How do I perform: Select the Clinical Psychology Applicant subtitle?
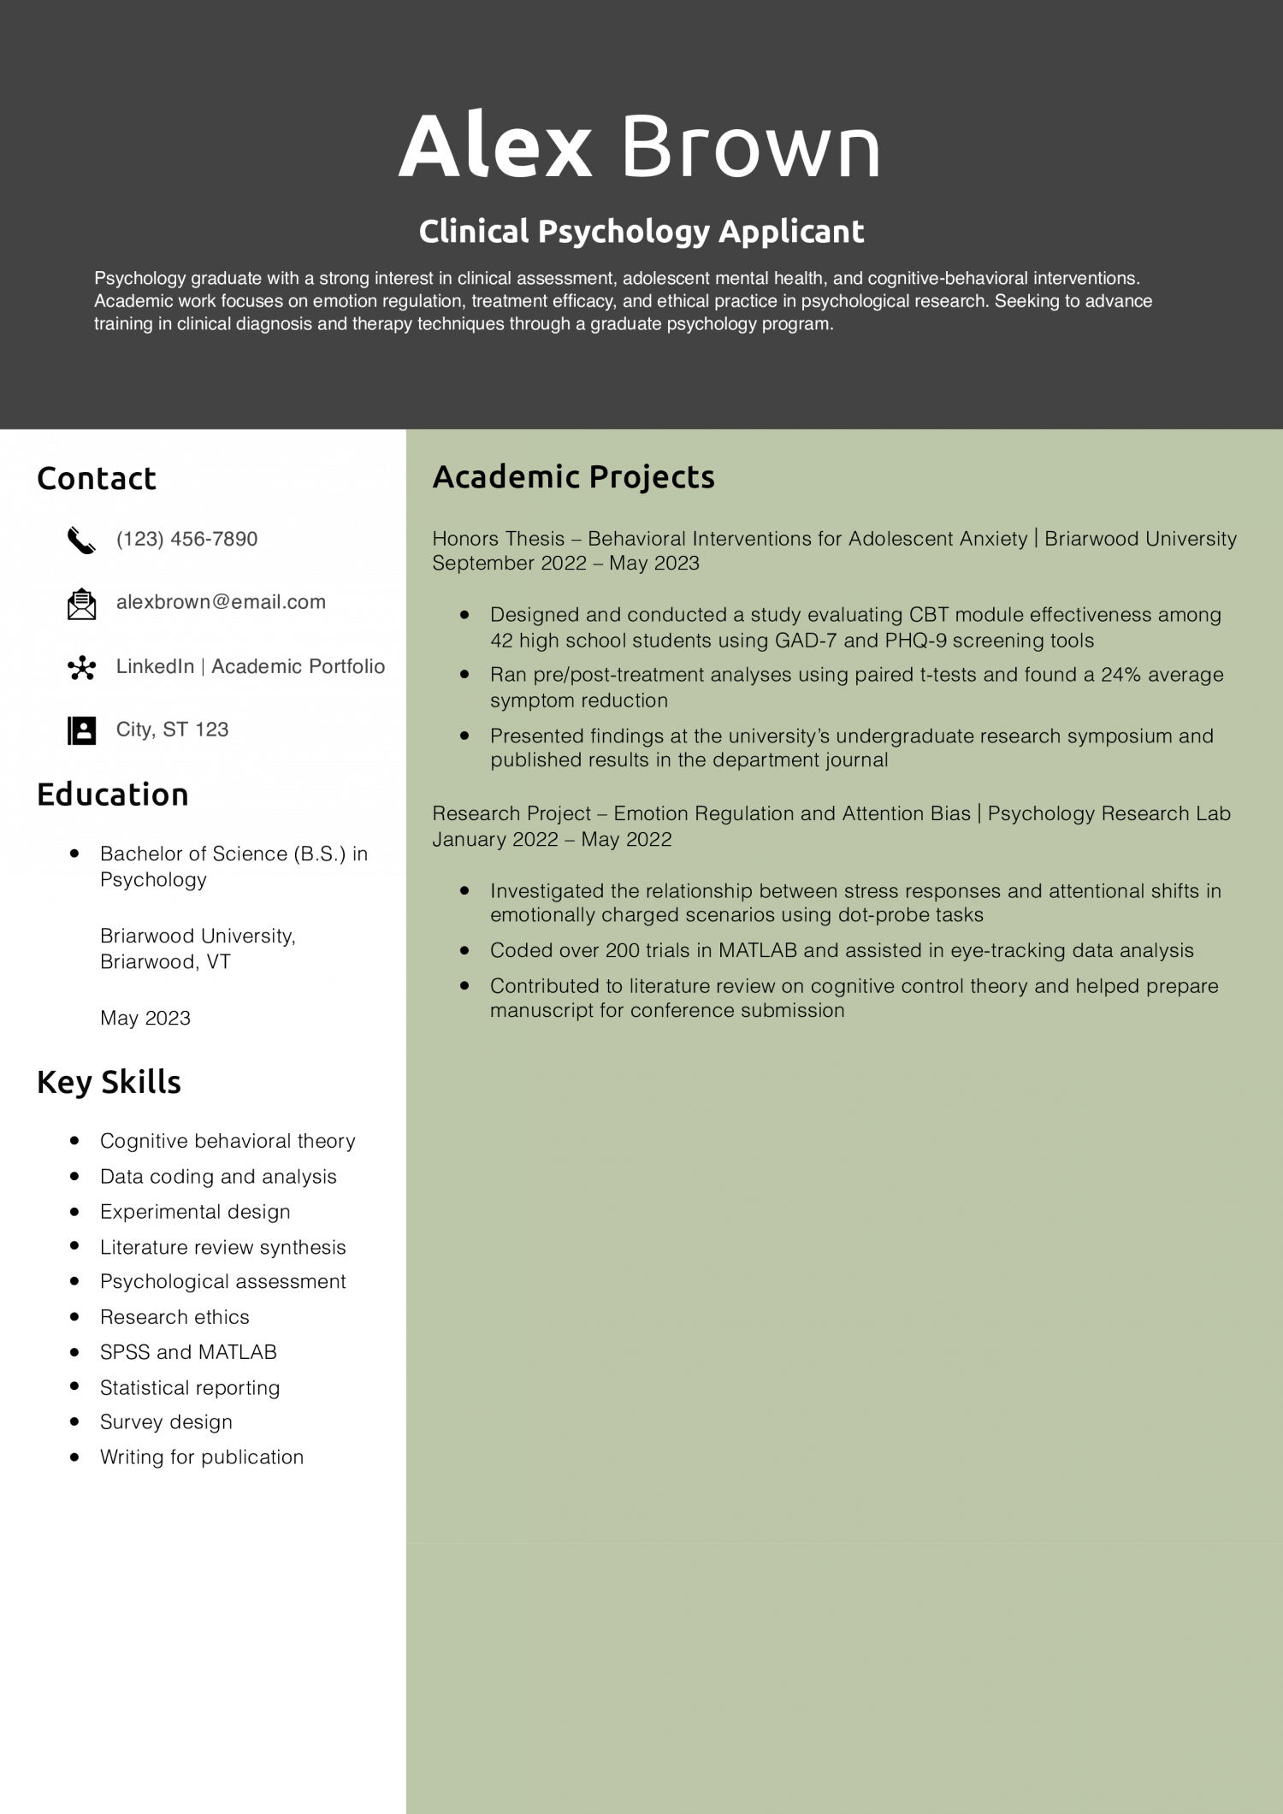641,231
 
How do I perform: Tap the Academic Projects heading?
573,477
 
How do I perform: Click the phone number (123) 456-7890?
186,539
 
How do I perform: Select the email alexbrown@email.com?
221,602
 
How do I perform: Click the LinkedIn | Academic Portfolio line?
251,666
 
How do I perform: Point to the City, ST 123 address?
172,730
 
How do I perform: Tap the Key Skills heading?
109,1082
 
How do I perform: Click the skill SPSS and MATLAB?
188,1352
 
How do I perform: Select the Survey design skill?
166,1422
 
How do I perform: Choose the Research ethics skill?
174,1317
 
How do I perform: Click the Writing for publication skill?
202,1457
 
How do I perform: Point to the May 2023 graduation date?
145,1018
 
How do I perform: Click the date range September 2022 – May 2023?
565,564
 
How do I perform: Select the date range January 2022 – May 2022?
552,840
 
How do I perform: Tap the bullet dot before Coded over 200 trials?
464,949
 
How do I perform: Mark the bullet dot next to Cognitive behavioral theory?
75,1140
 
